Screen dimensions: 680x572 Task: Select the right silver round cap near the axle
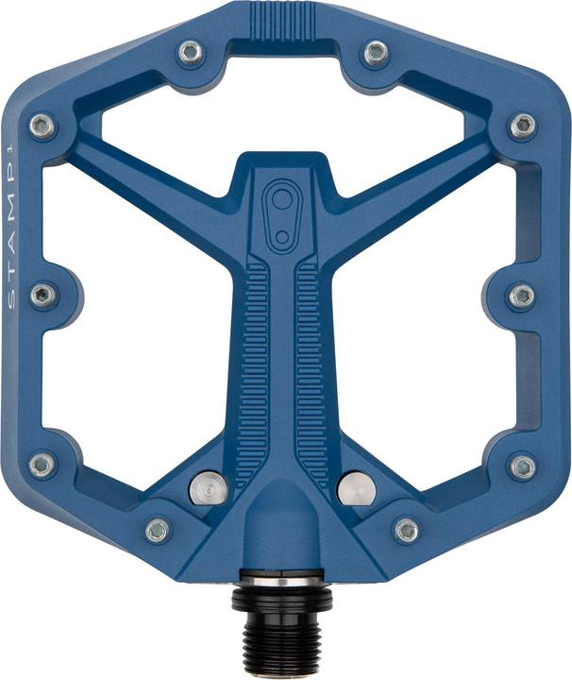click(x=355, y=487)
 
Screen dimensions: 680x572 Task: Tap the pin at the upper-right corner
click(x=523, y=126)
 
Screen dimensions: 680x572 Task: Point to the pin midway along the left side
click(x=43, y=296)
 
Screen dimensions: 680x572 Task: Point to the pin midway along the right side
click(x=522, y=296)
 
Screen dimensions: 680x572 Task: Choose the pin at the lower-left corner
click(x=43, y=465)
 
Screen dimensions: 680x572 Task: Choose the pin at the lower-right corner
click(x=522, y=465)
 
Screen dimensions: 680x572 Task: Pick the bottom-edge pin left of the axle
click(x=159, y=530)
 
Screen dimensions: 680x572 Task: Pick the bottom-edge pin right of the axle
click(x=407, y=530)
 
